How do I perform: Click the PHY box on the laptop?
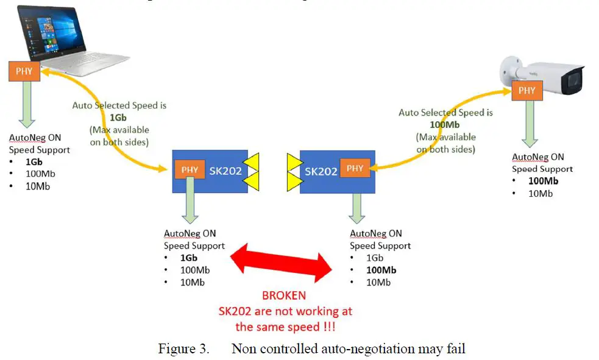tap(24, 71)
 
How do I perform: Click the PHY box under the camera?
tap(526, 90)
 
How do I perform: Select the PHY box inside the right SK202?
tap(355, 168)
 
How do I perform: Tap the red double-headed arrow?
tap(280, 261)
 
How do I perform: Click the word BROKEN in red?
tap(284, 296)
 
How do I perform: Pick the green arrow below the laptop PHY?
tap(24, 104)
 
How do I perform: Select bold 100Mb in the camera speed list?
tap(544, 181)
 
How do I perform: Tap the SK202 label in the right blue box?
tap(321, 171)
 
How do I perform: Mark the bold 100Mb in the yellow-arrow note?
tap(445, 124)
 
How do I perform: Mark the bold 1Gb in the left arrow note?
tap(119, 118)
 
